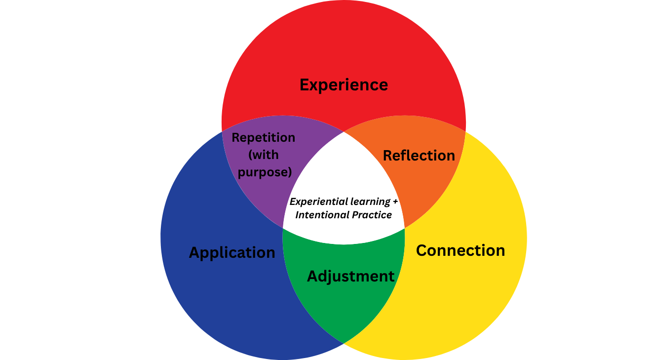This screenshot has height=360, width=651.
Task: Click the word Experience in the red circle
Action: pos(344,85)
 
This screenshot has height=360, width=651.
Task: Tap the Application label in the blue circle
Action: pos(232,253)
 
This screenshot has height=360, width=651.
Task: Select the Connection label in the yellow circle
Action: pos(460,250)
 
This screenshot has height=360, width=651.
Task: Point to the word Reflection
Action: pos(419,156)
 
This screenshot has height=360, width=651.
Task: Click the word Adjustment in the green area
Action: pos(351,276)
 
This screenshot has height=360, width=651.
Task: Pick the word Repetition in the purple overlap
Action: pos(264,137)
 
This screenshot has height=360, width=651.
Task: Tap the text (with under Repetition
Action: pos(264,155)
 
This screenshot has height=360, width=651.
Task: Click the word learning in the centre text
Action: pos(370,201)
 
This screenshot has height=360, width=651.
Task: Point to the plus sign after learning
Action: pos(395,202)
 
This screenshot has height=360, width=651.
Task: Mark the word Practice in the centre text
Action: pos(372,215)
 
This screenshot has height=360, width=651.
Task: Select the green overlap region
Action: pos(344,306)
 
